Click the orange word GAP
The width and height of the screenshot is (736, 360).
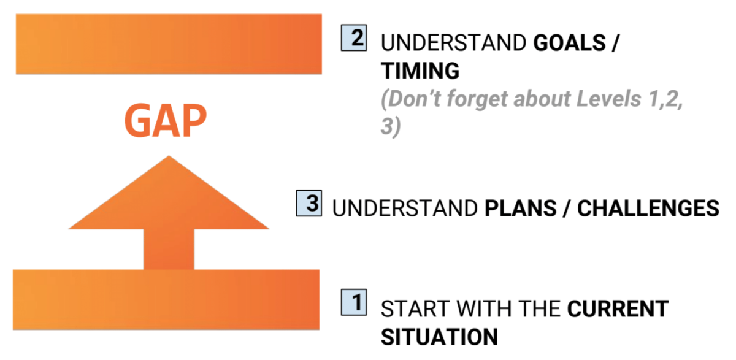point(166,121)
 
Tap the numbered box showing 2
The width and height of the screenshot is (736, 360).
point(354,38)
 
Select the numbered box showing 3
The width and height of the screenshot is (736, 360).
point(309,204)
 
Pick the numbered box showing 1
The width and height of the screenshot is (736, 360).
point(354,302)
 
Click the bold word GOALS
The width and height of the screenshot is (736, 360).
point(569,43)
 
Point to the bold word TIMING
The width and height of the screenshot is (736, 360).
point(420,71)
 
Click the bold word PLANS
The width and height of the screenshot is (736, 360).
point(521,209)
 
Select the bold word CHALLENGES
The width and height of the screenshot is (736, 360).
point(648,209)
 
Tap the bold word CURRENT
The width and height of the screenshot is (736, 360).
point(618,308)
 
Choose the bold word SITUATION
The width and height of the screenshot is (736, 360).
point(439,337)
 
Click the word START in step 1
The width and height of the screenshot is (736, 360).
point(414,308)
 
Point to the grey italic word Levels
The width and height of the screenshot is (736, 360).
point(609,99)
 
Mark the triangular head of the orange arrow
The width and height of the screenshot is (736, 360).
point(169,197)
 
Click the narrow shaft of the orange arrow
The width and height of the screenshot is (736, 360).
point(169,250)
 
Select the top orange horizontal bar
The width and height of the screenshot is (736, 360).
point(169,44)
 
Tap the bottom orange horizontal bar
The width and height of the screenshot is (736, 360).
point(166,299)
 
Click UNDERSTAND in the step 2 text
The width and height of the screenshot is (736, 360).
point(454,43)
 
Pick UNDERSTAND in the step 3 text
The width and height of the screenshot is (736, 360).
point(405,209)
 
